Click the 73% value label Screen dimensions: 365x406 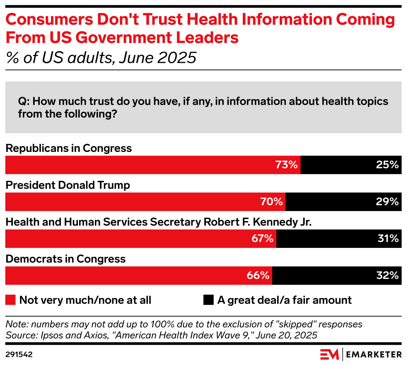pyautogui.click(x=287, y=165)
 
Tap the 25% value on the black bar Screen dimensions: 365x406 pyautogui.click(x=388, y=165)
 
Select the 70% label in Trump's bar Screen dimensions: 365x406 pyautogui.click(x=272, y=202)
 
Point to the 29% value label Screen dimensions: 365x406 pyautogui.click(x=388, y=202)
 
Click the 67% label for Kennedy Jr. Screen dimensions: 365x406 pyautogui.click(x=262, y=238)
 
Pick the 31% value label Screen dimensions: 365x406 pyautogui.click(x=388, y=238)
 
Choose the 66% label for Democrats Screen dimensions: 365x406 pyautogui.click(x=259, y=275)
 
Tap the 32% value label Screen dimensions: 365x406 pyautogui.click(x=388, y=275)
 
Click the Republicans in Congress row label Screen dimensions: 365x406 pyautogui.click(x=68, y=148)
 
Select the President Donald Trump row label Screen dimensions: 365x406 pyautogui.click(x=68, y=185)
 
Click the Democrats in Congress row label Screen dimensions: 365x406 pyautogui.click(x=65, y=259)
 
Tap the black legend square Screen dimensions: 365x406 pyautogui.click(x=208, y=300)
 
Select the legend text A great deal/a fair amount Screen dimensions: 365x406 pyautogui.click(x=284, y=300)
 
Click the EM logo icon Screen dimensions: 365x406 pyautogui.click(x=329, y=354)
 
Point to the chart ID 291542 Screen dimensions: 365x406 pyautogui.click(x=19, y=355)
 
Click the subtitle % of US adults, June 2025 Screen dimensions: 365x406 pyautogui.click(x=101, y=58)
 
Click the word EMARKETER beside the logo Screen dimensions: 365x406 pyautogui.click(x=373, y=355)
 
